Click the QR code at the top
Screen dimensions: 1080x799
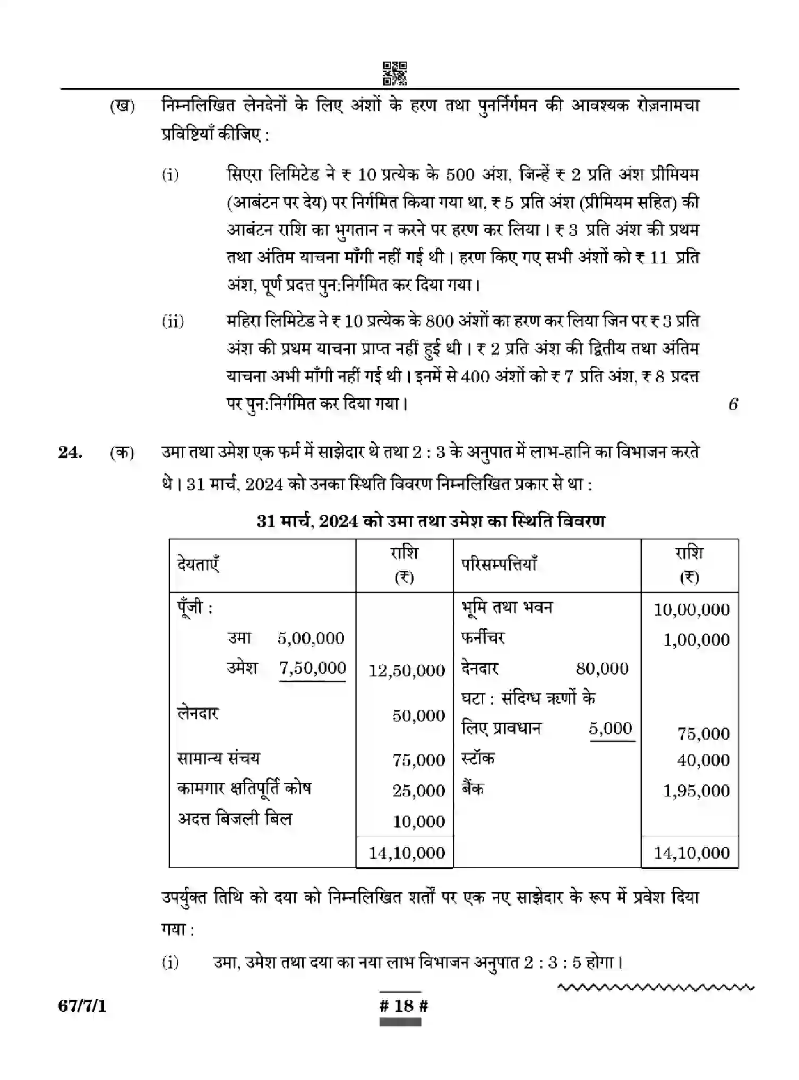tap(395, 73)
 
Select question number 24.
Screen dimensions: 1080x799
tap(70, 453)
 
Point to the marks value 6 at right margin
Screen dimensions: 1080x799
tap(733, 404)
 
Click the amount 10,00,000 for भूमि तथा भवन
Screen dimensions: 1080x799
tap(691, 610)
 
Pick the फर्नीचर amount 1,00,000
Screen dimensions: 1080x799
tap(696, 640)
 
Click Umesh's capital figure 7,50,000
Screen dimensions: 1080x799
tap(313, 668)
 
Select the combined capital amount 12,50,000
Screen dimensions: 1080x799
tap(407, 671)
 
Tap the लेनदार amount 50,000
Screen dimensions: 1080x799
tap(418, 716)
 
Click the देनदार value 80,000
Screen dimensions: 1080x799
tap(602, 668)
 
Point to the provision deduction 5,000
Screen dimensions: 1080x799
tap(611, 728)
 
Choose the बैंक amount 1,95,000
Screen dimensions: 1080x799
tap(696, 791)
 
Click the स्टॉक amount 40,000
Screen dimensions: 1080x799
tap(703, 760)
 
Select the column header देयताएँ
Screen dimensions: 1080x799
tap(198, 564)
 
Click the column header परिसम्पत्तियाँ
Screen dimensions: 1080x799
tap(499, 564)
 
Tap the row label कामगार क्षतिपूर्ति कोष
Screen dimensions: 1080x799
tap(244, 789)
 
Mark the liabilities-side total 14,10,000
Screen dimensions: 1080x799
tap(407, 853)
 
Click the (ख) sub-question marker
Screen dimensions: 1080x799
tap(122, 106)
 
